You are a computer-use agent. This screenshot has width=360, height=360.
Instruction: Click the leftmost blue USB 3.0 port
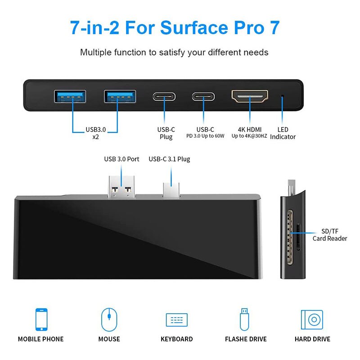pos(70,96)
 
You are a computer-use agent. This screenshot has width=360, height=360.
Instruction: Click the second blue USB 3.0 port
pos(120,96)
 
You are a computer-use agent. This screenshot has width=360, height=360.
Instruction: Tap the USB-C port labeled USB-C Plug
pos(164,96)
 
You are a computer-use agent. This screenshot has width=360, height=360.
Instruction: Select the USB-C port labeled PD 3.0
pos(204,96)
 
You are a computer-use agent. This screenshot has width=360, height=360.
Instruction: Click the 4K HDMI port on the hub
pos(250,95)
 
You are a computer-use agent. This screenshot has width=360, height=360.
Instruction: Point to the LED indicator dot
pos(283,96)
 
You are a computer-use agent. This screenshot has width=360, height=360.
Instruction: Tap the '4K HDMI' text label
pos(250,130)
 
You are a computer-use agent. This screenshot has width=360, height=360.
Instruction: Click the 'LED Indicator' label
pos(283,133)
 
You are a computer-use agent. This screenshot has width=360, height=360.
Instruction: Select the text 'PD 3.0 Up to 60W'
pos(206,136)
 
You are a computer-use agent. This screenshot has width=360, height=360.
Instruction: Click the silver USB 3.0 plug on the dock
pos(122,185)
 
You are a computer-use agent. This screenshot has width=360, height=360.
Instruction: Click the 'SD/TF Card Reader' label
pos(330,234)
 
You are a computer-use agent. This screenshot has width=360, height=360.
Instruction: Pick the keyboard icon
pos(176,320)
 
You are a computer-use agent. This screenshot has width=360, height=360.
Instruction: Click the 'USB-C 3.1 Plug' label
pos(169,159)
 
